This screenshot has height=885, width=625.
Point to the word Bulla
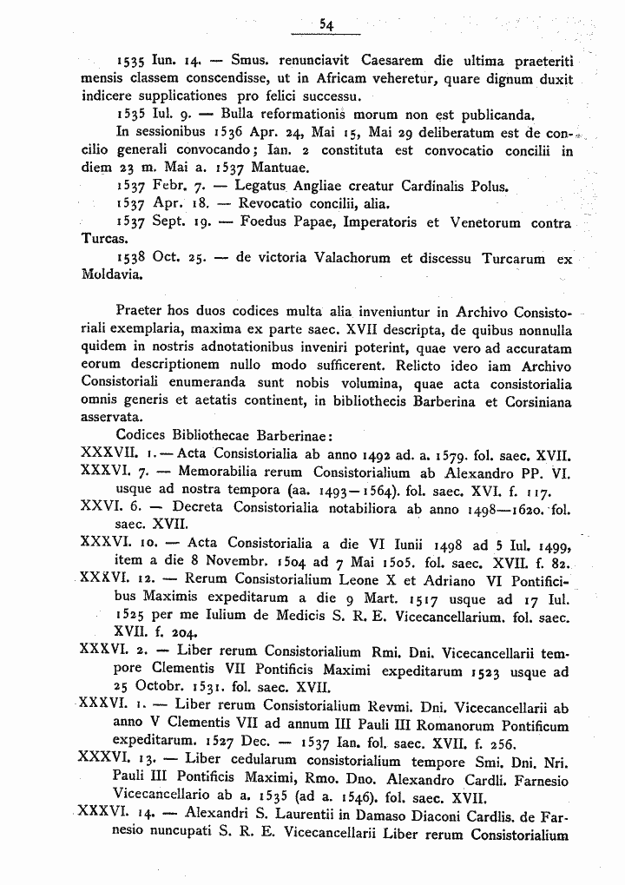[239, 115]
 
